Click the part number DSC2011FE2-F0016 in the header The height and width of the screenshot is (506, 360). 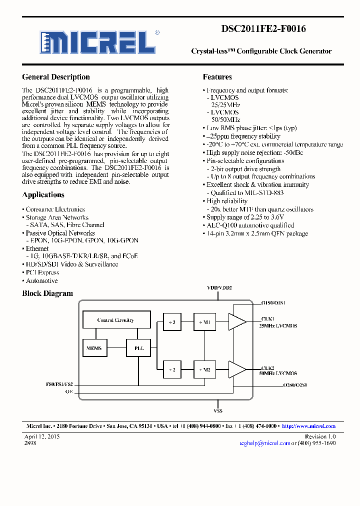263,29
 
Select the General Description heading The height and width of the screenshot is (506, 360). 56,77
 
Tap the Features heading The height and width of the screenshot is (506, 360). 217,77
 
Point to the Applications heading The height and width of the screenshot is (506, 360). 43,195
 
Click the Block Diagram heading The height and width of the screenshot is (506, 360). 47,293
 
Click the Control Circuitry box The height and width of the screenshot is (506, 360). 115,320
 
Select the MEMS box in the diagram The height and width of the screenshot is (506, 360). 94,348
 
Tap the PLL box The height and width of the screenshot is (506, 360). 139,348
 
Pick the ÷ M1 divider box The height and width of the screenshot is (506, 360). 204,322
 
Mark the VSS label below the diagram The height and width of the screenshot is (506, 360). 218,410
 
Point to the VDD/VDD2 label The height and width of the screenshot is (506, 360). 219,288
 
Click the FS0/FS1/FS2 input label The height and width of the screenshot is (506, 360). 59,384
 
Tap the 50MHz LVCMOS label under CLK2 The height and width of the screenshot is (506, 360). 278,373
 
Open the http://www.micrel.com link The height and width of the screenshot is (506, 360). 308,426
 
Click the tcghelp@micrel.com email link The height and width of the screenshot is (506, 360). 264,443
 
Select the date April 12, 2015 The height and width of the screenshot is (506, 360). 42,436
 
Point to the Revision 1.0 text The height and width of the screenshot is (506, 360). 320,436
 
